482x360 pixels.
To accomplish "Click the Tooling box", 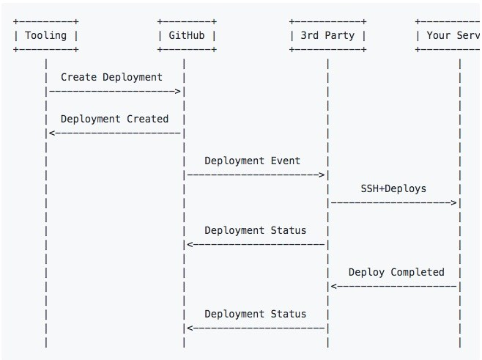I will [45, 35].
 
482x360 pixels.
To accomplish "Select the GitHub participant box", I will [187, 35].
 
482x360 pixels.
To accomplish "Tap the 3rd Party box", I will [327, 35].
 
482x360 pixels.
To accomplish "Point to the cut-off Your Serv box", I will [448, 35].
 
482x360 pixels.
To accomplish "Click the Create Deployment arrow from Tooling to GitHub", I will [114, 91].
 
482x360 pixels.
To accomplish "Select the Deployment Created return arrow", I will [114, 133].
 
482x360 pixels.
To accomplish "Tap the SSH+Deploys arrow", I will [394, 202].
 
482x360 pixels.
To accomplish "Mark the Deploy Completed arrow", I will [394, 286].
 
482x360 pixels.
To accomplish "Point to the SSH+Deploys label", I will [393, 188].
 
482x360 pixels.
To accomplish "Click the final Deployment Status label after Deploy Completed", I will [255, 314].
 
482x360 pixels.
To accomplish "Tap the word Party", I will [339, 35].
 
